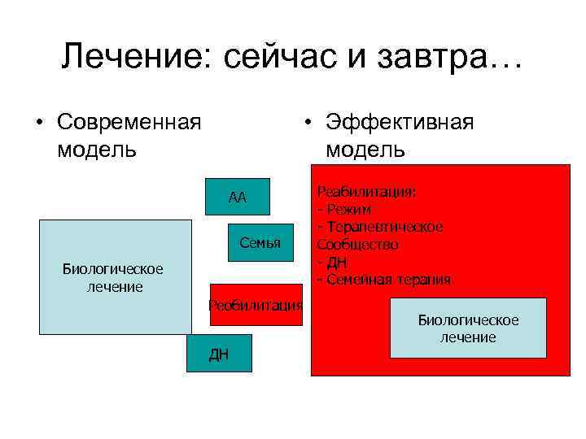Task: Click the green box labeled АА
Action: click(238, 198)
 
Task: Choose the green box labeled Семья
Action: click(260, 242)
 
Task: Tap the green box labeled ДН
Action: click(219, 353)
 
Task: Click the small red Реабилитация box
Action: click(256, 305)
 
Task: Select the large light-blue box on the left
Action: click(115, 277)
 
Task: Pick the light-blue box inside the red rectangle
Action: click(468, 328)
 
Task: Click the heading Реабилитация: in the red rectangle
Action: click(366, 192)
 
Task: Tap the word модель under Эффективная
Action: click(365, 150)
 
